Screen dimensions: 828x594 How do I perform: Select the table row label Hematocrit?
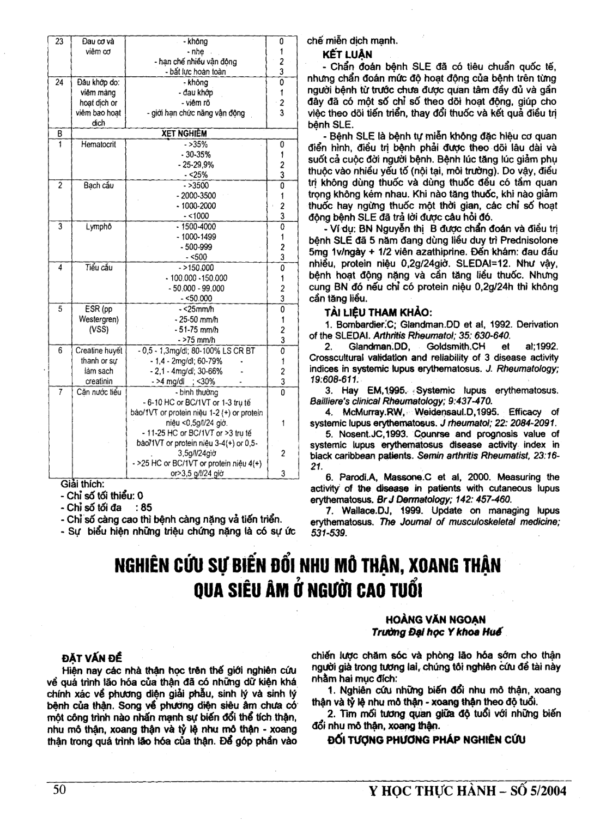click(98, 144)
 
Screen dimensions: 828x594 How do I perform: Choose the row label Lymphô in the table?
click(98, 227)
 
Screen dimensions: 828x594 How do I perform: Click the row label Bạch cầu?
click(98, 186)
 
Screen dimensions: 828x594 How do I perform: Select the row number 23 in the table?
click(59, 41)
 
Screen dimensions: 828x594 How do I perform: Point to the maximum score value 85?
click(147, 507)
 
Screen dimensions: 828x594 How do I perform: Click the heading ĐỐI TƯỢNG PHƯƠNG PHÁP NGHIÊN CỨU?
click(427, 740)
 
